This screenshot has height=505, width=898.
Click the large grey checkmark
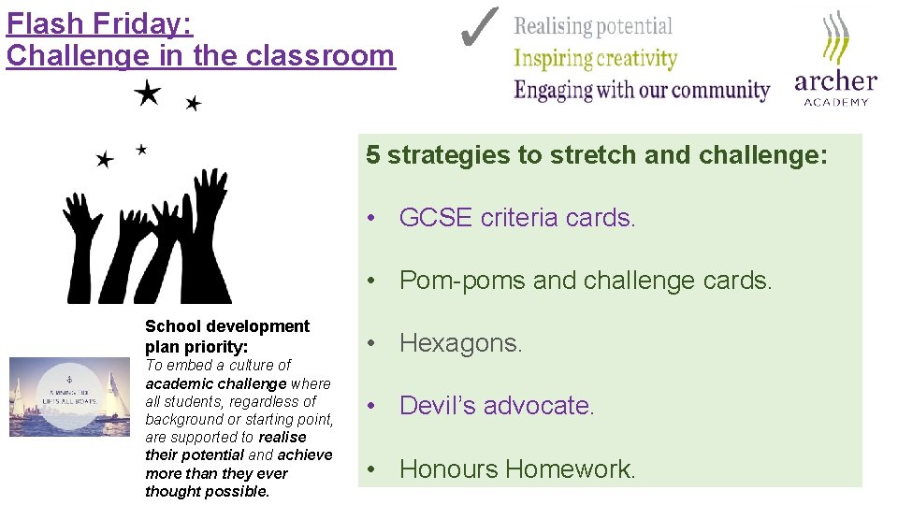(x=479, y=28)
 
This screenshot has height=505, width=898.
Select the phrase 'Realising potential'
(x=593, y=26)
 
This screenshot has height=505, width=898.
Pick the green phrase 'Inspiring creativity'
(x=595, y=58)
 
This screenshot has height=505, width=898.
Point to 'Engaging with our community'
(x=642, y=91)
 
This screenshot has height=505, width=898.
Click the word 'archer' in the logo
(x=835, y=81)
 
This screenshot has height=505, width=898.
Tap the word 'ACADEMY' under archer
(x=836, y=102)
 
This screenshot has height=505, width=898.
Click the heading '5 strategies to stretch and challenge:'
(x=597, y=155)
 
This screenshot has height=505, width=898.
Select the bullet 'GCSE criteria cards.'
(x=517, y=218)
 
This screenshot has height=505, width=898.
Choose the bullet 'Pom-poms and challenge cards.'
(x=586, y=281)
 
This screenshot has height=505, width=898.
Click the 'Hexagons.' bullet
(x=460, y=343)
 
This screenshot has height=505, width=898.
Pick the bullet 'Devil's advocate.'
(x=497, y=406)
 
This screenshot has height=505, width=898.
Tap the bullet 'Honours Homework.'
(x=517, y=469)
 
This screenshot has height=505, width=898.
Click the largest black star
(x=147, y=92)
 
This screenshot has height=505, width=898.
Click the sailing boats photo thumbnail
(x=69, y=397)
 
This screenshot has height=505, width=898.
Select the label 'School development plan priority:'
(x=226, y=336)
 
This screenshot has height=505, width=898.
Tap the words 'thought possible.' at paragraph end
(x=207, y=491)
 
